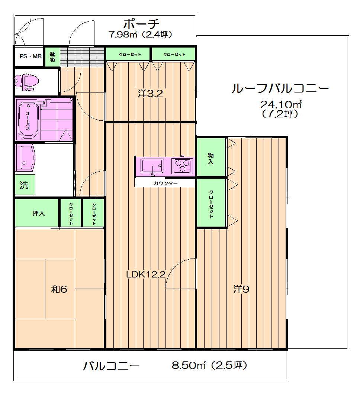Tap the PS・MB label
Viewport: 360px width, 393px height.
coord(28,57)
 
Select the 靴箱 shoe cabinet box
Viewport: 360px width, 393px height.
coord(52,56)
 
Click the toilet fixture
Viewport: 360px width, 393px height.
coord(27,82)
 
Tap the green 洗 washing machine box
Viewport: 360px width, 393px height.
coord(25,185)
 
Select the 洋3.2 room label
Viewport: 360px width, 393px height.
coord(150,94)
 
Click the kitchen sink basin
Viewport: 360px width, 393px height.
coord(152,165)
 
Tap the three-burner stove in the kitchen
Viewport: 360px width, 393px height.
coord(182,166)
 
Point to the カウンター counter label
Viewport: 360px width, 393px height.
coord(165,183)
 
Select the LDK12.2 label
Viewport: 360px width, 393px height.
coord(146,275)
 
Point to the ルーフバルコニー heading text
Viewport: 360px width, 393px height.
coord(280,89)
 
